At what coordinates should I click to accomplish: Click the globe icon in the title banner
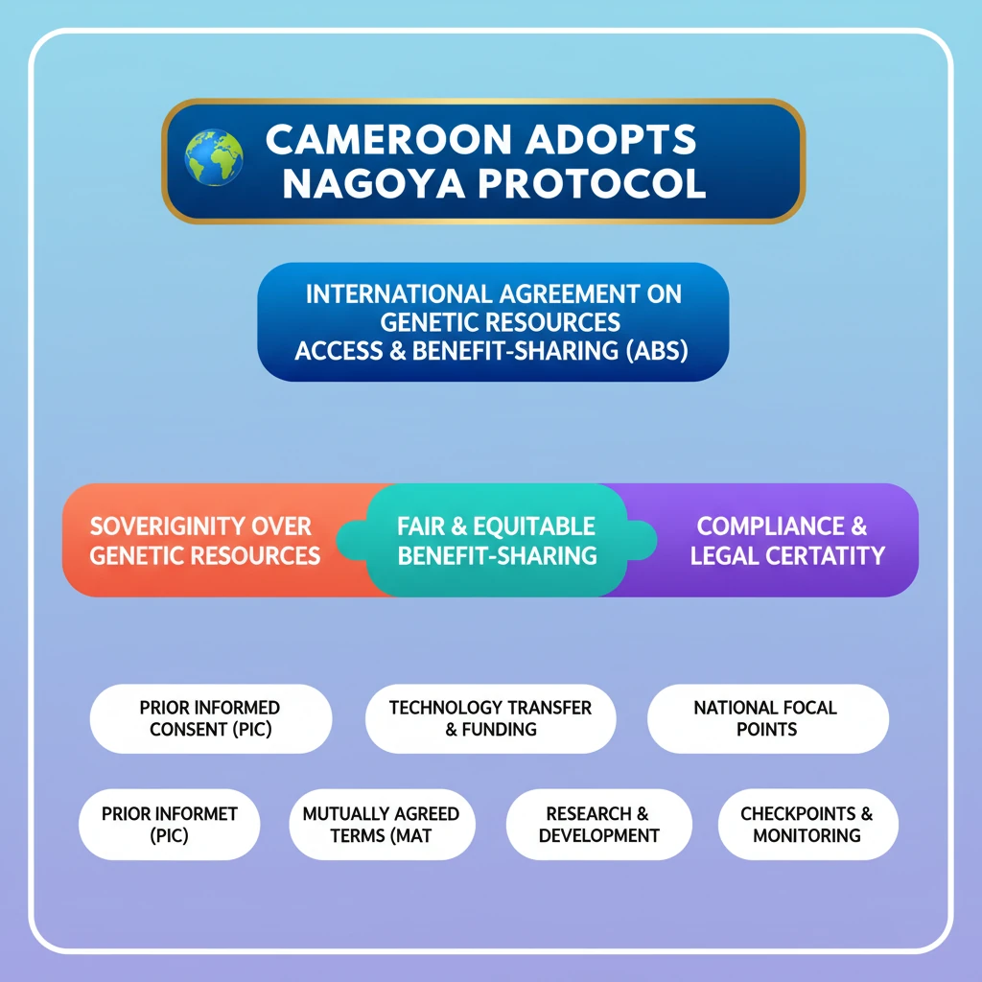point(214,157)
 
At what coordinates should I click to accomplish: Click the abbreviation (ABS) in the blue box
point(657,351)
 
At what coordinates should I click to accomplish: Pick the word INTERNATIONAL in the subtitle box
point(399,294)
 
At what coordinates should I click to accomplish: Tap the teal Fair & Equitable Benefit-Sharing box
point(497,540)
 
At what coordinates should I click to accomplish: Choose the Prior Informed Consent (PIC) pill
point(211,718)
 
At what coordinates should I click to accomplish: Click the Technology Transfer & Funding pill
point(490,718)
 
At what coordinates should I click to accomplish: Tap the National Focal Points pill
point(768,718)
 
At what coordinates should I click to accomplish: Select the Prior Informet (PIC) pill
point(169,824)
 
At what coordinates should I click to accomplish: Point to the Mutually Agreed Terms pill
point(382,824)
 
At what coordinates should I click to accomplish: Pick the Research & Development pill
point(599,824)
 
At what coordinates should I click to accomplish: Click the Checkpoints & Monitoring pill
point(807,824)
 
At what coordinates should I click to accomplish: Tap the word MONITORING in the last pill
point(807,835)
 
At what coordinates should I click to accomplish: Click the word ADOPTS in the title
point(611,139)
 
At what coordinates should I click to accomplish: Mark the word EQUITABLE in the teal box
point(534,526)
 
